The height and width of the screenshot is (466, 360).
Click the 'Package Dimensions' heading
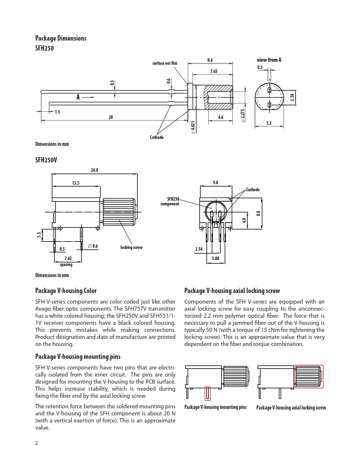[61, 38]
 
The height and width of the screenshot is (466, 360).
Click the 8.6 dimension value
[210, 60]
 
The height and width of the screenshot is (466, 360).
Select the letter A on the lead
[77, 96]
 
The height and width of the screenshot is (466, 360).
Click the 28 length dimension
[110, 118]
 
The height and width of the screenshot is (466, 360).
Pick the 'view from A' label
[269, 60]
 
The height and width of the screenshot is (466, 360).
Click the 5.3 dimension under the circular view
[269, 123]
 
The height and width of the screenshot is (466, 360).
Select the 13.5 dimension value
[76, 184]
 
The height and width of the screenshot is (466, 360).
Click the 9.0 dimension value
[216, 183]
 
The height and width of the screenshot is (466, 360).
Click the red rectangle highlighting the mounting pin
[208, 393]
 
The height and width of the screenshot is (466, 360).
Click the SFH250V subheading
[46, 159]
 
